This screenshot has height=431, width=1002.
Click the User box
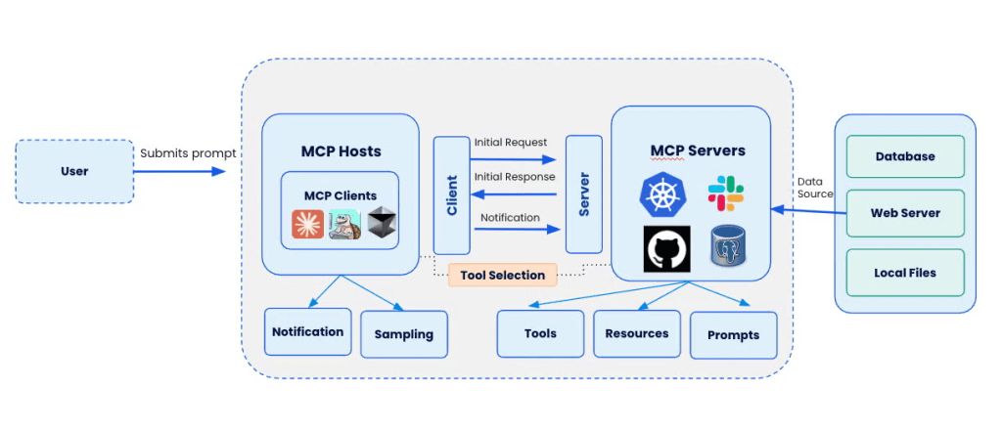tap(74, 171)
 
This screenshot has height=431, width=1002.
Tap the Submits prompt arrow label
tap(187, 153)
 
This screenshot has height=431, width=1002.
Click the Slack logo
tap(725, 194)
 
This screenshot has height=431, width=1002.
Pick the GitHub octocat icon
tap(666, 249)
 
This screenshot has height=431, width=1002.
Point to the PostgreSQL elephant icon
tap(729, 249)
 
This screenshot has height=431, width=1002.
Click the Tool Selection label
tap(502, 275)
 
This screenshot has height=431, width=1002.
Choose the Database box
tap(905, 156)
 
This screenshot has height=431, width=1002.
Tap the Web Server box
tap(905, 213)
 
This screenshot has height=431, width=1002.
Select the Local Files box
tap(905, 273)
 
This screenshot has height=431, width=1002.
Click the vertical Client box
tap(451, 195)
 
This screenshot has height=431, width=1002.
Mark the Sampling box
tap(403, 334)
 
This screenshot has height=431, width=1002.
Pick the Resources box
tap(637, 333)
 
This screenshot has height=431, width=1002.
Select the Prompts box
tap(733, 335)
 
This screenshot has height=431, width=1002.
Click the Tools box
tap(540, 333)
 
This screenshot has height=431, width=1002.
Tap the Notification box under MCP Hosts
tap(307, 331)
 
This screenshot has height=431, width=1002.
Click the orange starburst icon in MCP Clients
tap(307, 224)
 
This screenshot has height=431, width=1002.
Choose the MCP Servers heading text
tap(698, 151)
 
